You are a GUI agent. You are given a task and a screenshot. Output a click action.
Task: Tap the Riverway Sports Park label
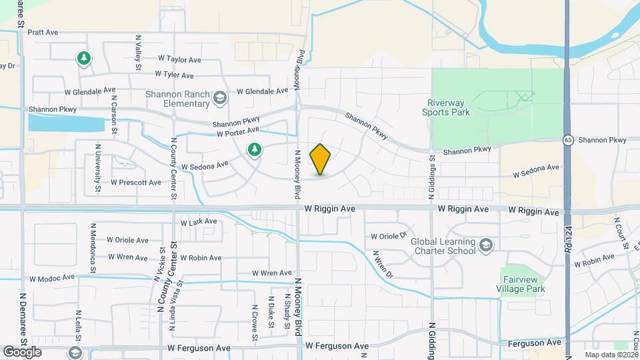click(446, 107)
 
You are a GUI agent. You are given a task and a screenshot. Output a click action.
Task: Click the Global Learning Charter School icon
click(486, 246)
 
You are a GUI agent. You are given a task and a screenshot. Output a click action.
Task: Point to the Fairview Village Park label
click(523, 284)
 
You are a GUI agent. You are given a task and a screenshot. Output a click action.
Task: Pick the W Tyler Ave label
click(174, 75)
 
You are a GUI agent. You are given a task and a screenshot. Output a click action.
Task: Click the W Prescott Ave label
click(136, 182)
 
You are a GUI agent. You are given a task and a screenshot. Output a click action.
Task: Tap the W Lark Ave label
click(199, 221)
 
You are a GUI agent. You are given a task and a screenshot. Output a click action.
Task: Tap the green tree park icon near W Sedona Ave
click(253, 150)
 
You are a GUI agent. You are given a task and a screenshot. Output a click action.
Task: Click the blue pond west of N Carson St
click(66, 124)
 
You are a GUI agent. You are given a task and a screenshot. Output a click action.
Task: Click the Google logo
click(22, 352)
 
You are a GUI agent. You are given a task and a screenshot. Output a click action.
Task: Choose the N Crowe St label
click(255, 325)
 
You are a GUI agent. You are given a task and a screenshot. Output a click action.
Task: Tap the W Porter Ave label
click(238, 133)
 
